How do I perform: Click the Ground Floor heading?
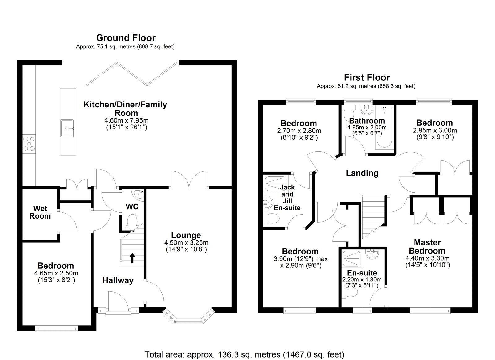click(x=126, y=38)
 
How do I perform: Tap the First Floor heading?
click(x=367, y=77)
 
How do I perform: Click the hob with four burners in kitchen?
click(x=29, y=144)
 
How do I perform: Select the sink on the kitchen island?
click(x=67, y=128)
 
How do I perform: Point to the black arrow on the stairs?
click(x=132, y=258)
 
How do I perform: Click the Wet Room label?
click(x=40, y=212)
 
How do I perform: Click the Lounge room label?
click(x=186, y=235)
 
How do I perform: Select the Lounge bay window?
click(x=188, y=317)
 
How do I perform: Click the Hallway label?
click(x=118, y=280)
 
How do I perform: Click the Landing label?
click(x=362, y=173)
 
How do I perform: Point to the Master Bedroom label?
click(x=427, y=246)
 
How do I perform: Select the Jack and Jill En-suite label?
click(x=287, y=197)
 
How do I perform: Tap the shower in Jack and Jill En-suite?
click(x=276, y=184)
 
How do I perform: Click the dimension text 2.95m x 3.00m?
click(x=435, y=131)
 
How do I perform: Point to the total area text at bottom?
click(x=244, y=354)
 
